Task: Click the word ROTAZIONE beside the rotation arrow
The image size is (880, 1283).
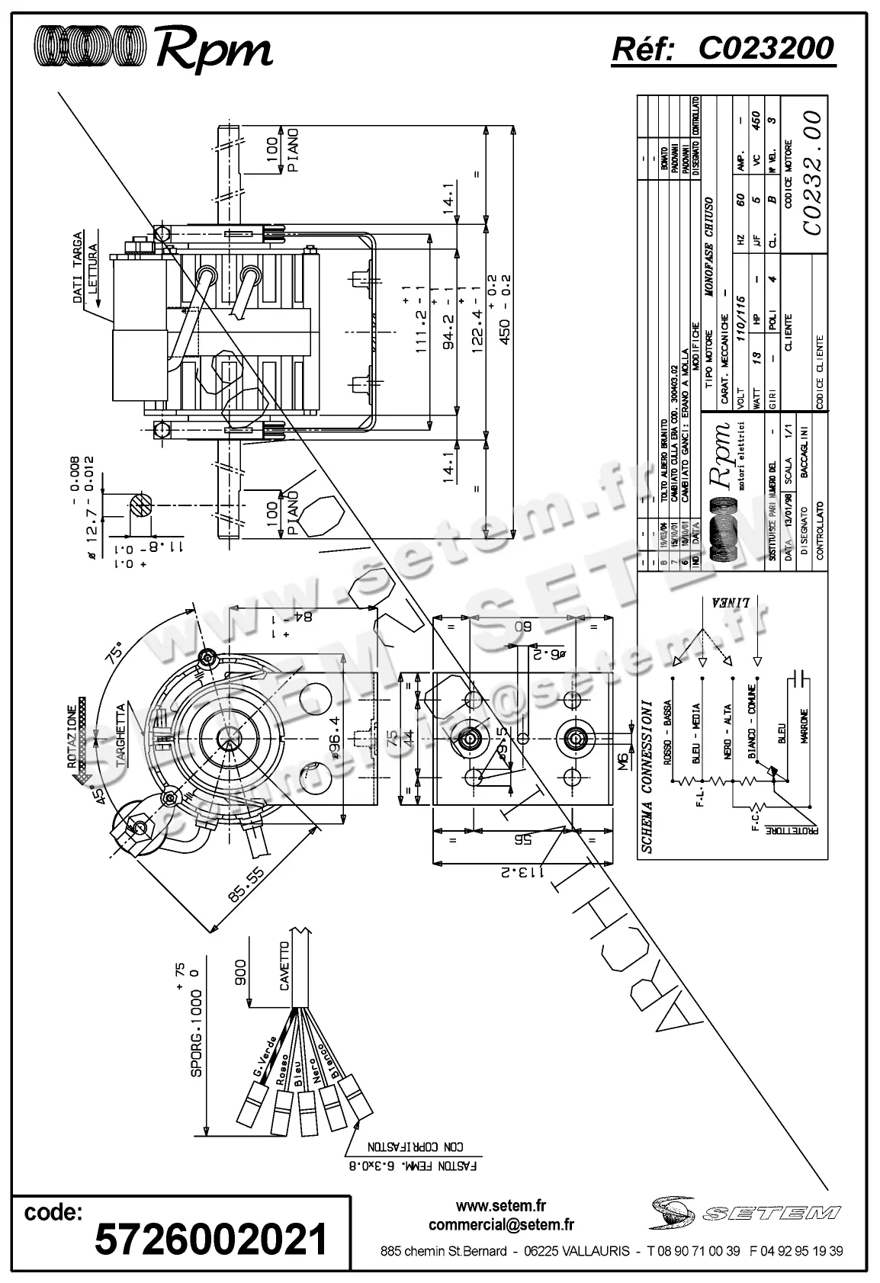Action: tap(71, 736)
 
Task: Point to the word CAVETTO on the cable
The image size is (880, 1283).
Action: tap(284, 966)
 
